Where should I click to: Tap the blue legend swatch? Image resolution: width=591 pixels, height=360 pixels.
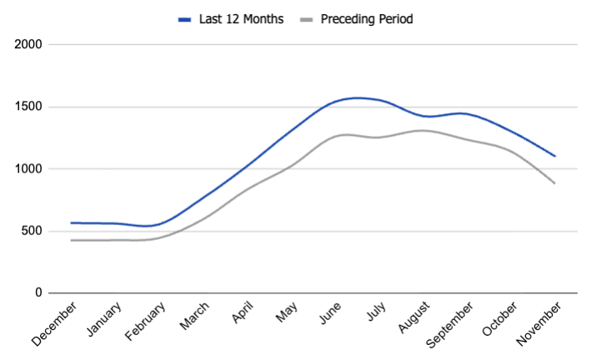point(185,18)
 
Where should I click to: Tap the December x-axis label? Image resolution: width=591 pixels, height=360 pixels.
point(55,323)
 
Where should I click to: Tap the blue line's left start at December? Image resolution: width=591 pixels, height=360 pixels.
point(72,222)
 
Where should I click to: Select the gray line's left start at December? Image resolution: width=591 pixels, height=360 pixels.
point(72,240)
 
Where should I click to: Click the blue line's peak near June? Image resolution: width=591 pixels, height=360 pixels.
point(358,97)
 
